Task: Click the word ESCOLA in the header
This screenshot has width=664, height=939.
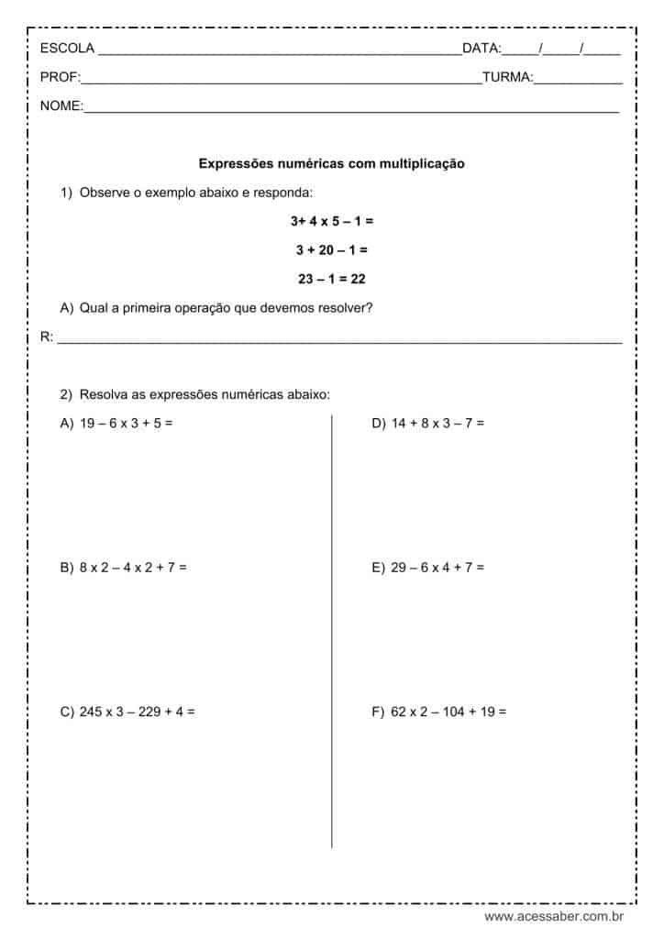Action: tap(67, 49)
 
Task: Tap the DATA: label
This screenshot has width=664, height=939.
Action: tap(481, 49)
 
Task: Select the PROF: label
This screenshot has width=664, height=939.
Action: tap(61, 78)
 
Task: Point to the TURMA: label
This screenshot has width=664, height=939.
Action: tap(507, 78)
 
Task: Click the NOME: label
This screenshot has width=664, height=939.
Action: tap(61, 106)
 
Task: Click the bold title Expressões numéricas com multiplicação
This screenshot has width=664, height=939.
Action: tap(332, 164)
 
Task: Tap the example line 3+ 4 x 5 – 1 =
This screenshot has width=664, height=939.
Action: tap(332, 221)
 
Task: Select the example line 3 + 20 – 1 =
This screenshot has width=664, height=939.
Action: tap(332, 249)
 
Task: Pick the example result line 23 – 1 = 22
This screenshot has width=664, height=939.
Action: tap(332, 279)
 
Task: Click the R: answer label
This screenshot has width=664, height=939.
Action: tap(47, 337)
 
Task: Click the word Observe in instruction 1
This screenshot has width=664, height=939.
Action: tap(103, 193)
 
